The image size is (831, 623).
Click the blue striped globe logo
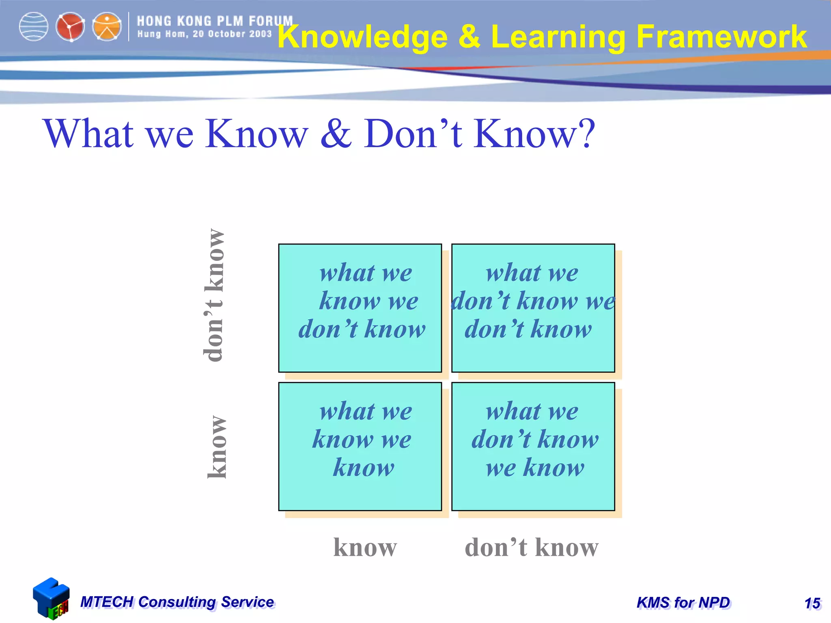coord(34,27)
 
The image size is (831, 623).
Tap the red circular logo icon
coord(70,27)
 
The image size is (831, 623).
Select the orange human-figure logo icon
coord(107,27)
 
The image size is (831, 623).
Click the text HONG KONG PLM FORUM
coord(215,21)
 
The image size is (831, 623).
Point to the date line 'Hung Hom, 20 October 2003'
coord(204,34)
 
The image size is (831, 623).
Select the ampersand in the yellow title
coord(469,37)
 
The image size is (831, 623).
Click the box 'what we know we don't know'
coord(360,308)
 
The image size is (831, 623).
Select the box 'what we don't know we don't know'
coord(533,308)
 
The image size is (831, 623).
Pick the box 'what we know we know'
coord(360,446)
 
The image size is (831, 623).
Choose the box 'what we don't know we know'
coord(533,446)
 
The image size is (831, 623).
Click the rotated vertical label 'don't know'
coord(214,295)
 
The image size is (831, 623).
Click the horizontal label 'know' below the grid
coord(365,547)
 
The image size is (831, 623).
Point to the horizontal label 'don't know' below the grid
coord(531,547)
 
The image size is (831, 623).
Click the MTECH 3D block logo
coord(51,599)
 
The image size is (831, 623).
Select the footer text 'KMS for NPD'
coord(683,603)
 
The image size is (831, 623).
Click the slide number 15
coord(812,603)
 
